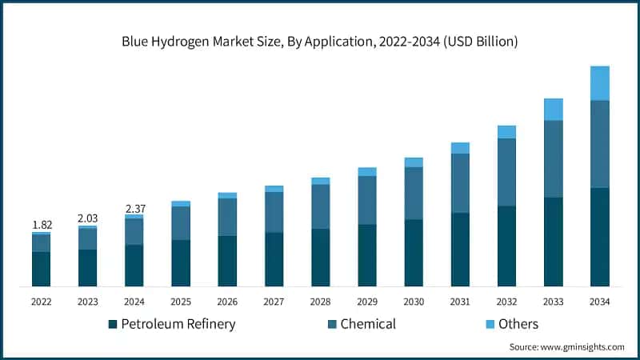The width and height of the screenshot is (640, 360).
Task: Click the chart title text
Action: (320, 41)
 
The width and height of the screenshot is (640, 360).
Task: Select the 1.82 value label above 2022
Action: (42, 225)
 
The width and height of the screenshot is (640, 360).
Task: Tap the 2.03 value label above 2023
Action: (88, 218)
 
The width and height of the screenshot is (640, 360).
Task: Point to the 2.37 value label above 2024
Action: (134, 208)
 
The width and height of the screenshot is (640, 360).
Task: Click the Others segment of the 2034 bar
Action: (599, 83)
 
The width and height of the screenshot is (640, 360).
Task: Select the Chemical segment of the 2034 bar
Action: (599, 144)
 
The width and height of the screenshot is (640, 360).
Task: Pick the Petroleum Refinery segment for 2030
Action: (414, 253)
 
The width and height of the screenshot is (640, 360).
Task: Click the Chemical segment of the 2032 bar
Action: (506, 172)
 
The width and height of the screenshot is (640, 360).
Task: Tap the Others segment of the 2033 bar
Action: (553, 110)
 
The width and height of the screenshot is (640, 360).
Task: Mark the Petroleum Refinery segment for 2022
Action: (42, 269)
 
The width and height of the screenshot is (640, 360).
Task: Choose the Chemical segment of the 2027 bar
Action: (274, 212)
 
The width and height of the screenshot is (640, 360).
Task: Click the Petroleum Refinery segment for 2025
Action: (181, 262)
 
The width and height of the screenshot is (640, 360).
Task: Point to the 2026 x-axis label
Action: (227, 302)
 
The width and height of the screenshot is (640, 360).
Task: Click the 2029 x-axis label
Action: (367, 302)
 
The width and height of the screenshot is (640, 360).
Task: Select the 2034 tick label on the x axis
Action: (599, 302)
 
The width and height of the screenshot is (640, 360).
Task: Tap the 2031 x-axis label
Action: (460, 302)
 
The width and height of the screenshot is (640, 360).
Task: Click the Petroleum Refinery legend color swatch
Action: (113, 324)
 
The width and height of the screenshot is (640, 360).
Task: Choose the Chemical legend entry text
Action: (368, 324)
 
